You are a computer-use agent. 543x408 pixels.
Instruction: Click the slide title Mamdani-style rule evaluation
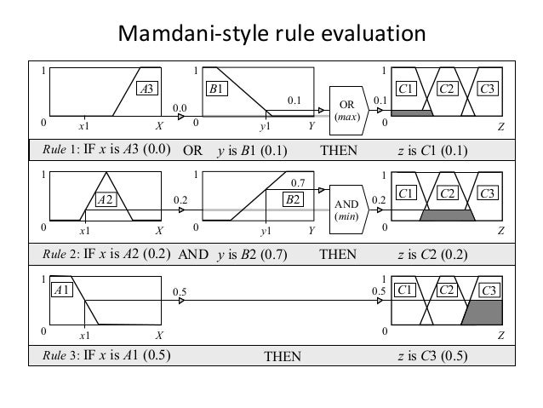coord(271,34)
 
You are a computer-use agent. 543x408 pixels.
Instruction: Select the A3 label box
coord(147,88)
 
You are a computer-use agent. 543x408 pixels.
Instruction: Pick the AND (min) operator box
coord(349,210)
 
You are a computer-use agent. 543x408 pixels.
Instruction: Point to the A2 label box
coord(106,200)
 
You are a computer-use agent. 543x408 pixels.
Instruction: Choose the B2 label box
coord(293,200)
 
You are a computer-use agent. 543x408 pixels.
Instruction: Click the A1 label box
coord(61,291)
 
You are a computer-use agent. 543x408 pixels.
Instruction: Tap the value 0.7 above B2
coord(298,183)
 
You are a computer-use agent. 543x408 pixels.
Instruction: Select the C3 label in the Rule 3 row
coord(489,291)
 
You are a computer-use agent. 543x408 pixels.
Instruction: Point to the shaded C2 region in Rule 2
coord(446,215)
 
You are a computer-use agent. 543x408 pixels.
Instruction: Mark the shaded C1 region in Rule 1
coord(411,113)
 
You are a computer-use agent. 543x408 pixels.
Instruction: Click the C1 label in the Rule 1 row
coord(406,88)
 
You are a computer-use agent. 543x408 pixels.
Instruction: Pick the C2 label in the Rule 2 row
coord(447,193)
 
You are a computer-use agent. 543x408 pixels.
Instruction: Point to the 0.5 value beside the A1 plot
coord(180,292)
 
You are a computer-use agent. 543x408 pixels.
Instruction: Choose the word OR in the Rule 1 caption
coord(193,152)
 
